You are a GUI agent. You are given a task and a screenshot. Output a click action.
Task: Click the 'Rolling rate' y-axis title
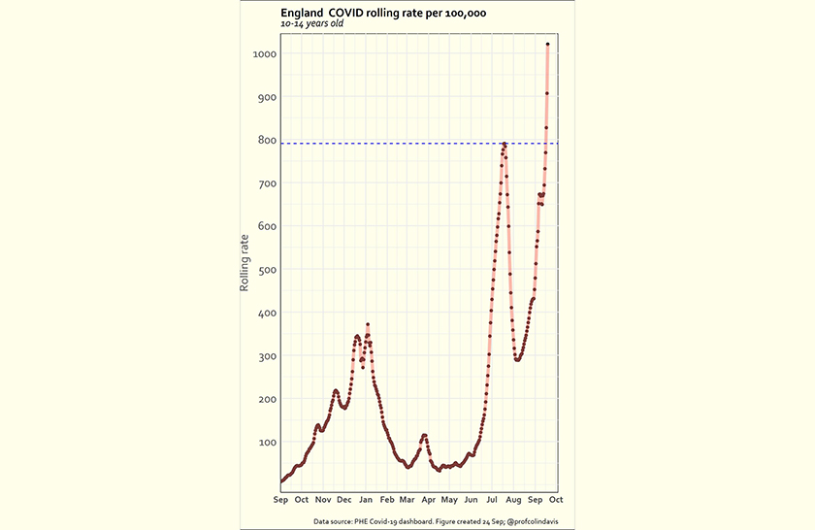245,262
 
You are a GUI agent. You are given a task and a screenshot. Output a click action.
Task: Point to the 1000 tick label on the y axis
265,54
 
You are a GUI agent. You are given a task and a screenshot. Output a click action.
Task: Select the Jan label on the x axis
365,500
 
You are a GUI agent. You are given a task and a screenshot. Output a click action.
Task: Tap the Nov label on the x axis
322,500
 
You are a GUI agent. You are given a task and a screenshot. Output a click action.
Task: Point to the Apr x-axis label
428,500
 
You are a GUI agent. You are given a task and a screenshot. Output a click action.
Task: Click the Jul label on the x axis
492,500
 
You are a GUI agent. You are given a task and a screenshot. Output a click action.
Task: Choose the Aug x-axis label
513,500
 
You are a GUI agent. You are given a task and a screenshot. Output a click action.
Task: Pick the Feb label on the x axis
386,500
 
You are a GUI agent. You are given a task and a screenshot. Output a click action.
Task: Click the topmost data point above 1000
548,44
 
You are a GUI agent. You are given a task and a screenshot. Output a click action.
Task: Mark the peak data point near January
368,324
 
